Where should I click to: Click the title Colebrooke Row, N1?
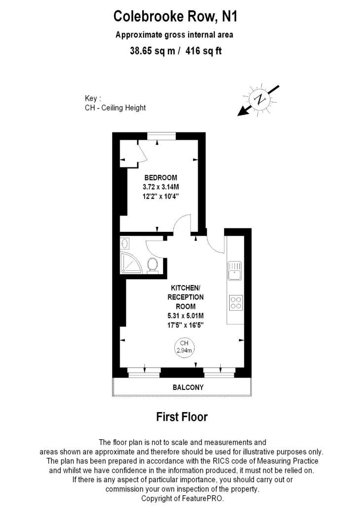[x=175, y=16]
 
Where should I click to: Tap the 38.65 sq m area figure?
[x=153, y=51]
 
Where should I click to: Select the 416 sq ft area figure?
[x=203, y=51]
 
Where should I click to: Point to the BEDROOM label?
[x=160, y=177]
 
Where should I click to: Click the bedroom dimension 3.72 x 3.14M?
[x=160, y=187]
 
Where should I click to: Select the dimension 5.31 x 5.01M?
[x=186, y=316]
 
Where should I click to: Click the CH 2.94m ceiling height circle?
[x=184, y=347]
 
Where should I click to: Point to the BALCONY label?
[x=188, y=387]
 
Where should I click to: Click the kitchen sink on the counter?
[x=235, y=271]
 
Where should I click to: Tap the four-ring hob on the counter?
[x=236, y=302]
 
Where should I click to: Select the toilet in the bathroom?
[x=152, y=265]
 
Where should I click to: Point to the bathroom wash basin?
[x=125, y=243]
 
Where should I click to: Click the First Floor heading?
[x=182, y=417]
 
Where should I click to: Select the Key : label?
[x=93, y=98]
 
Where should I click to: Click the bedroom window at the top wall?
[x=161, y=136]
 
